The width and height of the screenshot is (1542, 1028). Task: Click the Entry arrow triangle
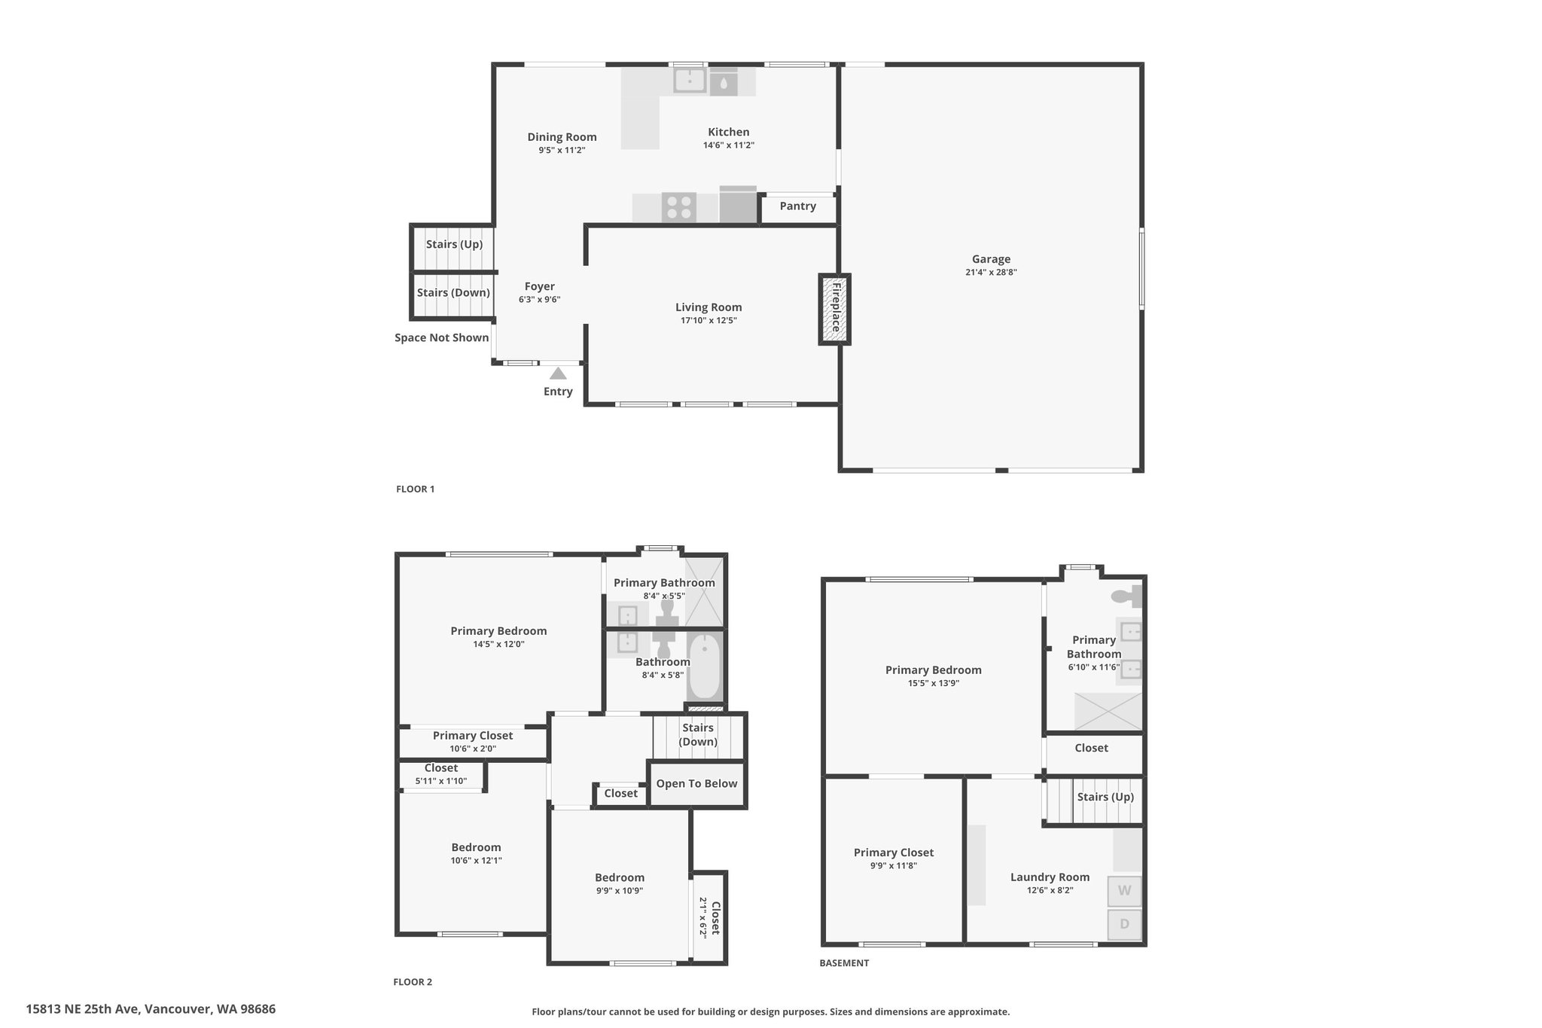[558, 374]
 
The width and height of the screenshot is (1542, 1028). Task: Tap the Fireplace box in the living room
[835, 310]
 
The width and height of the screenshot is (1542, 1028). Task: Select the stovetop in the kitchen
[678, 207]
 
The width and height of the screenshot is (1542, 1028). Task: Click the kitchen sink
[690, 80]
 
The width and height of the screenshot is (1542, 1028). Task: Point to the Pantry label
[798, 206]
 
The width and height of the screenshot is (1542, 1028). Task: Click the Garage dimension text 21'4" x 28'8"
[991, 273]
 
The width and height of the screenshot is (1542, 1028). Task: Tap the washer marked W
[1124, 891]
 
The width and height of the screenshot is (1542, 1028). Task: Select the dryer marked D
[1124, 924]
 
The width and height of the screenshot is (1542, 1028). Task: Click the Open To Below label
[696, 784]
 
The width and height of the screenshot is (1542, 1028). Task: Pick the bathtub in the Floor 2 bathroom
[705, 667]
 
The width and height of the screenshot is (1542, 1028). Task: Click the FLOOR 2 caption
[413, 982]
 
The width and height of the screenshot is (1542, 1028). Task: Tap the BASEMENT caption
[844, 963]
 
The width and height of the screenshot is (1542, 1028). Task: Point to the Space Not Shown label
[442, 338]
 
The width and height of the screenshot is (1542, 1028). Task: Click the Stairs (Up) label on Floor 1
[454, 245]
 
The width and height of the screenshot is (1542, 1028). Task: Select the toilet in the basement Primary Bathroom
[1126, 596]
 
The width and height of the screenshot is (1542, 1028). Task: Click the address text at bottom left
[151, 1009]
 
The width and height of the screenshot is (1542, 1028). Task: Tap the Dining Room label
[562, 137]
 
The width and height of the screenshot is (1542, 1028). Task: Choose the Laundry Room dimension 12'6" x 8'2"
[1050, 890]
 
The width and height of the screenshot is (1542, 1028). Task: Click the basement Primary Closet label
[894, 853]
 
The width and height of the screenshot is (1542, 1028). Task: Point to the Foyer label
[540, 287]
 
